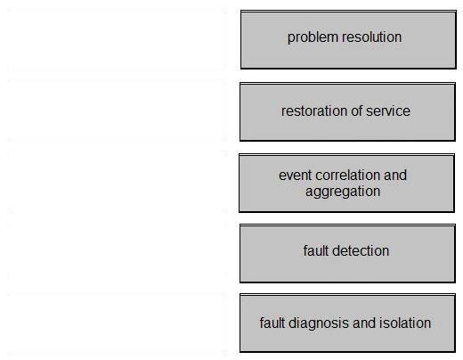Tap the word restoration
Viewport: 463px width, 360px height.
click(314, 110)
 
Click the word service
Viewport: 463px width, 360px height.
click(388, 110)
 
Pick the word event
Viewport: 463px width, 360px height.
click(296, 176)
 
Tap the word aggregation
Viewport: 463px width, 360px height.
click(343, 192)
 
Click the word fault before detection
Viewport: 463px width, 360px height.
click(316, 250)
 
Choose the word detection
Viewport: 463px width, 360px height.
click(361, 250)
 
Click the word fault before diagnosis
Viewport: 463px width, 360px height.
click(272, 323)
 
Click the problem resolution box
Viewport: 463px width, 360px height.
click(348, 40)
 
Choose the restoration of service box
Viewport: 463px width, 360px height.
click(347, 111)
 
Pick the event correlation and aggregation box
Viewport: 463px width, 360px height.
click(346, 183)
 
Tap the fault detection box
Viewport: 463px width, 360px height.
click(347, 253)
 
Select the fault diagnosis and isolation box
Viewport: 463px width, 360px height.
click(347, 323)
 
